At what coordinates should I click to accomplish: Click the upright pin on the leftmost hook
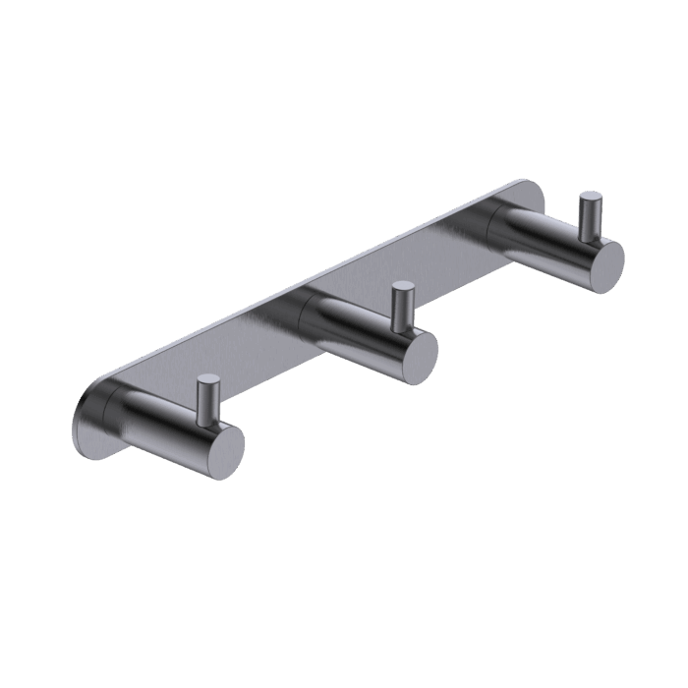(206, 398)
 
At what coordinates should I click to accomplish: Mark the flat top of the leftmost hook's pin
(206, 378)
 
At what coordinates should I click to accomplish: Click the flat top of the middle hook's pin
(401, 287)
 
